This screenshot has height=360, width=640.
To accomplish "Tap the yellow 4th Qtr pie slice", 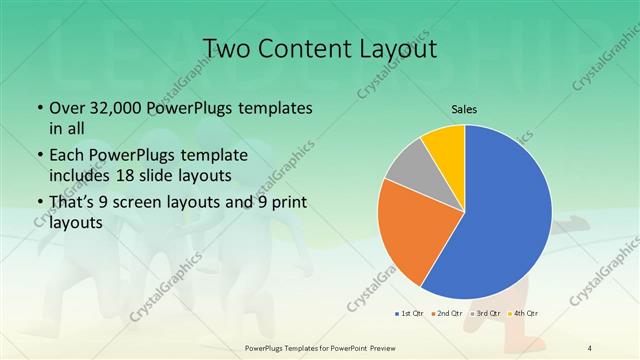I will (x=443, y=145).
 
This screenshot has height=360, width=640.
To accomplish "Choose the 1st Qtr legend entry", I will (x=408, y=314).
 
